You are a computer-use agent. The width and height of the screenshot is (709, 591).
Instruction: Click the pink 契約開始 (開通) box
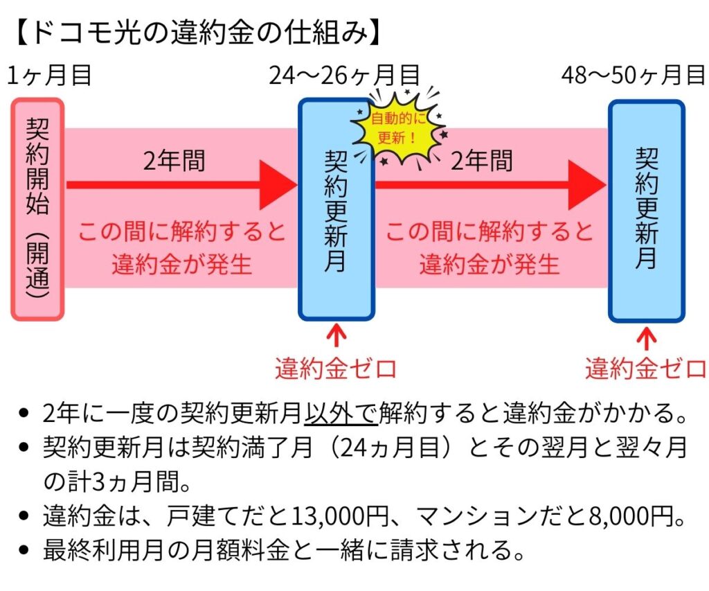click(38, 209)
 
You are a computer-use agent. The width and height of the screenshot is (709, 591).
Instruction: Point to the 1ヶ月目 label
click(50, 76)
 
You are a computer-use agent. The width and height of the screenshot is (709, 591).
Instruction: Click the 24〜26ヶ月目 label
click(344, 76)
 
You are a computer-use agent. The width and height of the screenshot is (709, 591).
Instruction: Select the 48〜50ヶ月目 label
click(633, 76)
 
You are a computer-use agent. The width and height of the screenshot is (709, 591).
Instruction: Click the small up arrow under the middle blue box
click(336, 335)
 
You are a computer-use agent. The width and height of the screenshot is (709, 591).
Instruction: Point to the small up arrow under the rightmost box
click(647, 337)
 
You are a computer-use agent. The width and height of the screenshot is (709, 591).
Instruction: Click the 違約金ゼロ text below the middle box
click(336, 368)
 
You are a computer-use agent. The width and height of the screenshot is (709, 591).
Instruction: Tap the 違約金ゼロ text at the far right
click(646, 368)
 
